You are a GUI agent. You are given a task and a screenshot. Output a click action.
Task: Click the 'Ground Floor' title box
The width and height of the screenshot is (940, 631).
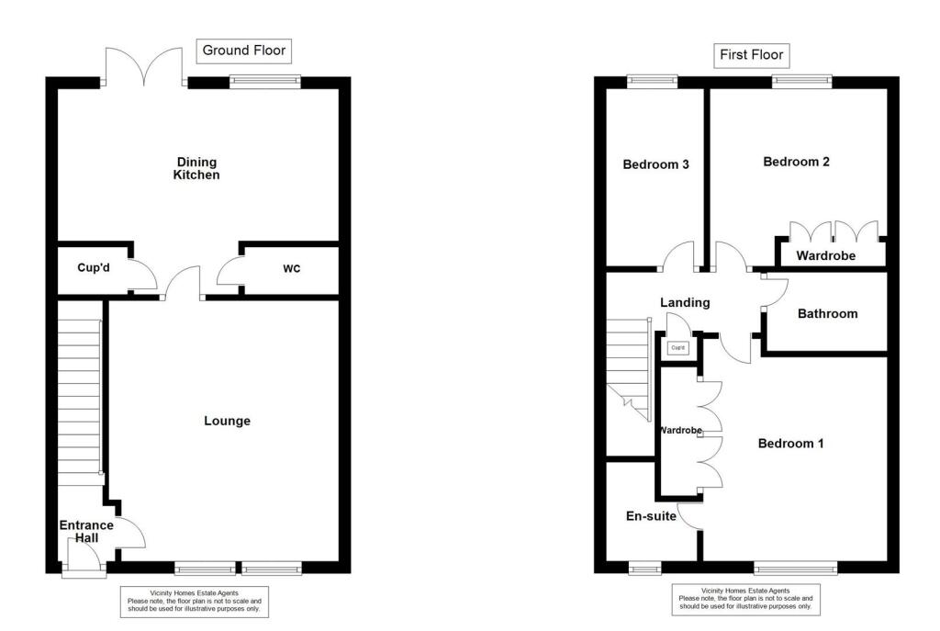pyautogui.click(x=244, y=51)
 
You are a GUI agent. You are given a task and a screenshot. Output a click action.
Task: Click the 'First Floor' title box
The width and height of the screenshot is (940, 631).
pyautogui.click(x=752, y=55)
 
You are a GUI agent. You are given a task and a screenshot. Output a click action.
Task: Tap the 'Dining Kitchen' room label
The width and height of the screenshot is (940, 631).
pyautogui.click(x=196, y=168)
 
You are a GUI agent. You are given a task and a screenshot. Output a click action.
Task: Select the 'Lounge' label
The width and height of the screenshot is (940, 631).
pyautogui.click(x=227, y=421)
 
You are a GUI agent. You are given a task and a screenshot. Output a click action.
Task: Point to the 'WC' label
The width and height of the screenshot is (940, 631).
pyautogui.click(x=292, y=269)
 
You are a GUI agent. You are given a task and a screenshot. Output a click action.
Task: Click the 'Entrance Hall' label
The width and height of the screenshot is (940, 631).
pyautogui.click(x=86, y=532)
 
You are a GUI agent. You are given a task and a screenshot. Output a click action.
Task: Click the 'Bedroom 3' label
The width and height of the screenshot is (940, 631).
pyautogui.click(x=655, y=165)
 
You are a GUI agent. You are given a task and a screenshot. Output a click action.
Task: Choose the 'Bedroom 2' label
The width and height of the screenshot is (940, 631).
pyautogui.click(x=796, y=162)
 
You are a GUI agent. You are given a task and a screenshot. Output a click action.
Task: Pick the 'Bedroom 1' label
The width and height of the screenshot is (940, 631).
pyautogui.click(x=790, y=444)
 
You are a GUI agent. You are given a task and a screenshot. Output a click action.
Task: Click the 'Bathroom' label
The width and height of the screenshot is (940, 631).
pyautogui.click(x=827, y=314)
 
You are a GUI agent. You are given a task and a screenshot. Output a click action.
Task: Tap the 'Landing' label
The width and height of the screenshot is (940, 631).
pyautogui.click(x=685, y=302)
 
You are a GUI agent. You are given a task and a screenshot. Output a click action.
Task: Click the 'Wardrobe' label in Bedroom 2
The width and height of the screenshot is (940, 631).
pyautogui.click(x=825, y=255)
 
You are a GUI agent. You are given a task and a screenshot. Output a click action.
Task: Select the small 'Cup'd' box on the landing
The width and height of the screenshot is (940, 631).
pyautogui.click(x=678, y=348)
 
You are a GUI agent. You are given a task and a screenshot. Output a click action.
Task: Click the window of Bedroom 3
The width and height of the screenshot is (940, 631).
pyautogui.click(x=652, y=82)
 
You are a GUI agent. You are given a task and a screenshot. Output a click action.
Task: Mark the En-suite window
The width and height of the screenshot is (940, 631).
pyautogui.click(x=645, y=568)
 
